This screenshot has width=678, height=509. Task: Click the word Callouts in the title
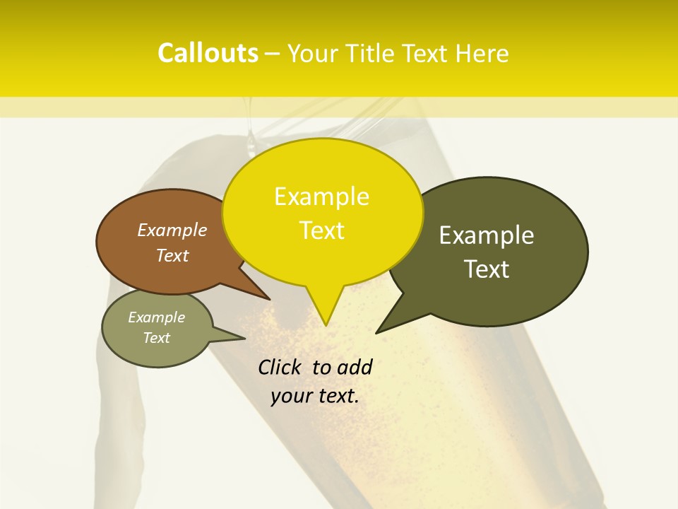208,53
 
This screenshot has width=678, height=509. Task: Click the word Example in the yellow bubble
321,197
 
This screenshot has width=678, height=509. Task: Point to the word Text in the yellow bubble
321,230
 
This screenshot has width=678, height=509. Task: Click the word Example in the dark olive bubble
487,235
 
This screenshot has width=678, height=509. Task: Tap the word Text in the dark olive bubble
487,269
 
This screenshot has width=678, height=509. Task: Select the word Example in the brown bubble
172,230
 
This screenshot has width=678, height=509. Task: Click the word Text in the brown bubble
172,255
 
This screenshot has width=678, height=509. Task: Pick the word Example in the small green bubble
156,317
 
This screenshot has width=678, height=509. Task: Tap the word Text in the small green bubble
156,338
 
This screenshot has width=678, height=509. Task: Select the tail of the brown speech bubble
258,292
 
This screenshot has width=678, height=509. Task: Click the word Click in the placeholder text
280,367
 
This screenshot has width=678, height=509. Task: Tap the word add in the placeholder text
355,367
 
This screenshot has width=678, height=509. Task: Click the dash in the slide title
273,54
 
